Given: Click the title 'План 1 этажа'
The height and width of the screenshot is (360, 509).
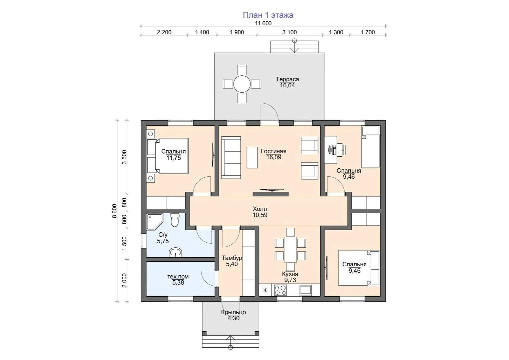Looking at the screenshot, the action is [268, 15].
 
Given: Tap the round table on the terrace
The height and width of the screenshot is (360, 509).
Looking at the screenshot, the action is [242, 84].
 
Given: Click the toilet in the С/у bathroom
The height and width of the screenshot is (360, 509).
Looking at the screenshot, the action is [174, 220].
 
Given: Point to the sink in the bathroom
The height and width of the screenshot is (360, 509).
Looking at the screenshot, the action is [175, 252].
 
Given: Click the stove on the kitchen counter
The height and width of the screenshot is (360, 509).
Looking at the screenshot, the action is [281, 290].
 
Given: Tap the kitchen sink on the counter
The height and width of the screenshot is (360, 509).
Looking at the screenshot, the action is [306, 290].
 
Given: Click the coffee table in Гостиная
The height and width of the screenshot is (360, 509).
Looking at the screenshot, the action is [252, 157].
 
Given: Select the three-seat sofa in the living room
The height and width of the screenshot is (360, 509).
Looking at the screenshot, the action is [231, 157].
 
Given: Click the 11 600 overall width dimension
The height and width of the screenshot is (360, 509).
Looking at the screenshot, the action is [263, 23].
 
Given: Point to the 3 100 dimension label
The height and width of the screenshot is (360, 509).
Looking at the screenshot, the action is [290, 32].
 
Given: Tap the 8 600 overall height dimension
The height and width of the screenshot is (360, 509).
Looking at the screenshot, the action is [114, 211].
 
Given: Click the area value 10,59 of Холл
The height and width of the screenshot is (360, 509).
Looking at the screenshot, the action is [260, 215].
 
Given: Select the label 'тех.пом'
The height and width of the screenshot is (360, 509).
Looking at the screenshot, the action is [178, 277].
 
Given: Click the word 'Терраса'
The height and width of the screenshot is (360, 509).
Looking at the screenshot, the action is [287, 79].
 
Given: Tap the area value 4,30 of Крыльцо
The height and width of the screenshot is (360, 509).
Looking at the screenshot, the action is [233, 318].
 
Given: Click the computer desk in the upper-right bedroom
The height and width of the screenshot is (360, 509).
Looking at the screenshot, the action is [331, 150].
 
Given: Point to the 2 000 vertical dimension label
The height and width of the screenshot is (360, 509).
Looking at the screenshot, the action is [124, 280].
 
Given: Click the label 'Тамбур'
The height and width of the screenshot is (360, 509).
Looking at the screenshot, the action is [232, 258].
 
